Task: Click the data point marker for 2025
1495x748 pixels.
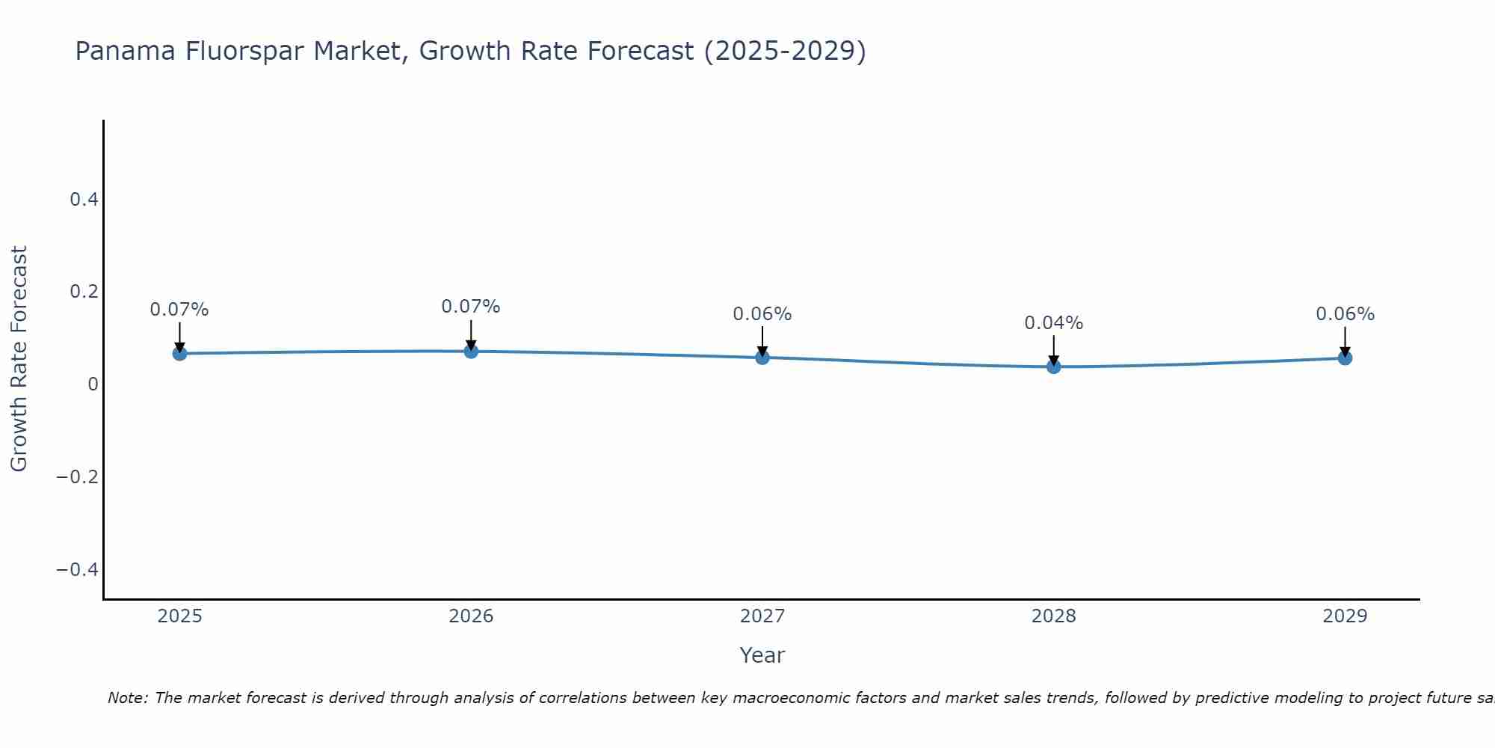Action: [x=179, y=353]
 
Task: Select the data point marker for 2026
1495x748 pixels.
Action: [x=471, y=351]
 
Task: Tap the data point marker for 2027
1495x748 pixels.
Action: [x=762, y=358]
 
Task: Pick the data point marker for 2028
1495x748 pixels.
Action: [x=1054, y=367]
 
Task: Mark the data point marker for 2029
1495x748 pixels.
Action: [x=1345, y=358]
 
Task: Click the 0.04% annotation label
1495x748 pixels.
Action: [x=1053, y=323]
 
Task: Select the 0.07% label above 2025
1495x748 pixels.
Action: [x=179, y=310]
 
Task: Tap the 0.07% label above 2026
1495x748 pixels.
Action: [x=471, y=307]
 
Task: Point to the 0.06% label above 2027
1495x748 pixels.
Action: [x=762, y=314]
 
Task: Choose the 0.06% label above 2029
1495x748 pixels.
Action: [x=1345, y=314]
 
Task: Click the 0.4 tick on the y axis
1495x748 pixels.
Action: [x=84, y=199]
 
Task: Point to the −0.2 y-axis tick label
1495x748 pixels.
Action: [x=77, y=477]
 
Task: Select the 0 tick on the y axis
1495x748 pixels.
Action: [x=93, y=384]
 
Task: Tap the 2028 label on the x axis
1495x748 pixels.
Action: [x=1053, y=616]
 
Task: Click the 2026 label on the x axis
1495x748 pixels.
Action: [x=471, y=616]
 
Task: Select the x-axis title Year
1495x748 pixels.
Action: [x=762, y=655]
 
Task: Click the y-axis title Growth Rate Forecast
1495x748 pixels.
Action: [x=19, y=359]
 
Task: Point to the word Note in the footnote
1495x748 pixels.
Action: [x=128, y=698]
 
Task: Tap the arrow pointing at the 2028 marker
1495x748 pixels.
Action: [x=1054, y=349]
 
